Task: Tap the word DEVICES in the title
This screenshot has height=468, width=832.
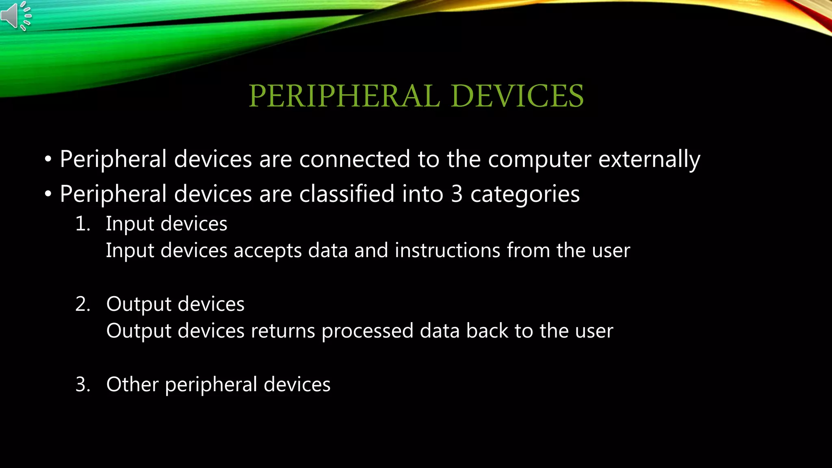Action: click(x=517, y=96)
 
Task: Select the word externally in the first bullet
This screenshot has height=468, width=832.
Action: click(x=649, y=159)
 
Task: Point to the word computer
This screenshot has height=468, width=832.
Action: click(x=539, y=160)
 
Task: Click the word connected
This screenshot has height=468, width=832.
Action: click(x=355, y=159)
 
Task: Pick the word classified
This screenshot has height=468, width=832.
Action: click(x=347, y=194)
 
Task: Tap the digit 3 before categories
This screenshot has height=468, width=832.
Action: click(x=457, y=194)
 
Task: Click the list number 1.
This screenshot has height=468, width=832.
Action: click(x=82, y=224)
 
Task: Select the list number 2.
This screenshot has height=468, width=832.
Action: click(x=82, y=304)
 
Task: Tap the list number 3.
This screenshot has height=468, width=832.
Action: click(x=82, y=385)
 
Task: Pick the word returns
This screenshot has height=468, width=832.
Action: click(x=283, y=331)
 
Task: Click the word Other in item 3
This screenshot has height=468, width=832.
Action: click(x=132, y=384)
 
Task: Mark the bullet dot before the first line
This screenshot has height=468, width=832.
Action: click(x=48, y=160)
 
